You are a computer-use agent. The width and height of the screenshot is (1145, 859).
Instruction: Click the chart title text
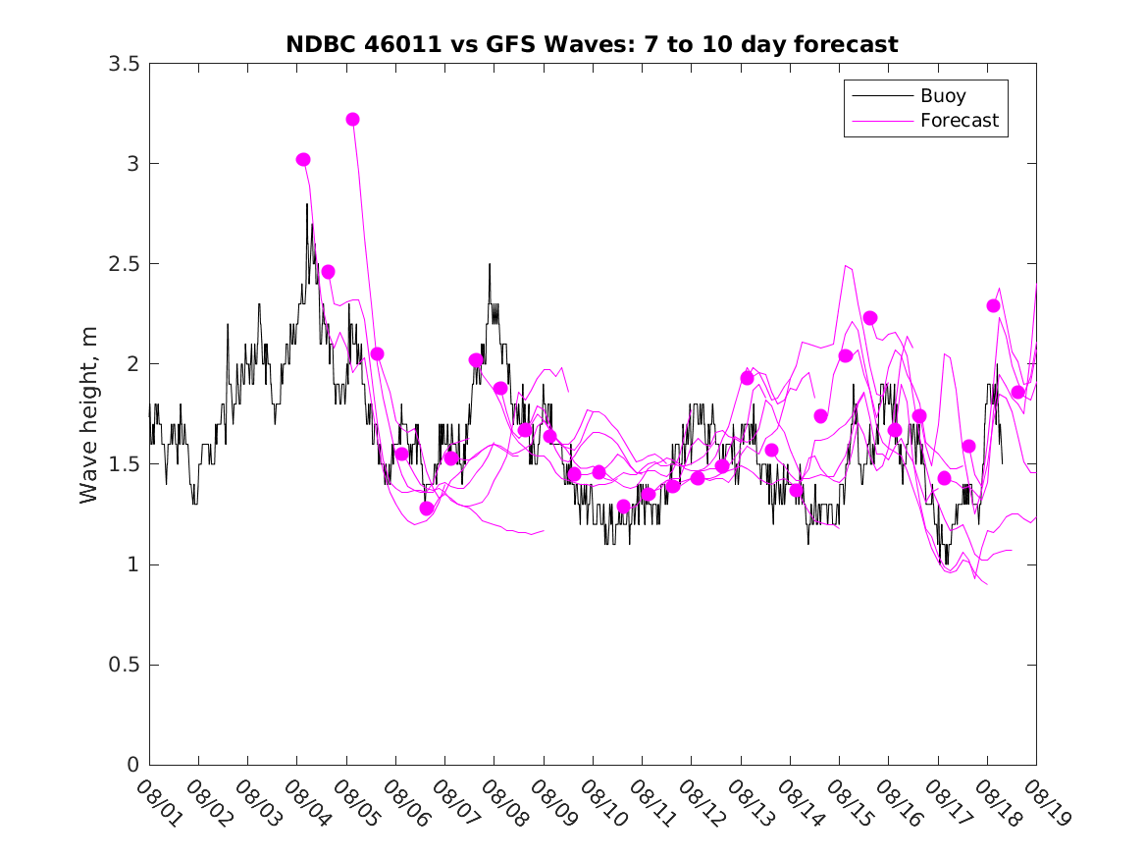[592, 44]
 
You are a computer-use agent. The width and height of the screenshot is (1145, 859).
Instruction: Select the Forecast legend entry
[959, 121]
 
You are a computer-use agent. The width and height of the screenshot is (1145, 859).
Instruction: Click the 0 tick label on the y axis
[132, 765]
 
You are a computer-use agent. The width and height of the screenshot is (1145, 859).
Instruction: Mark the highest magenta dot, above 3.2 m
[352, 120]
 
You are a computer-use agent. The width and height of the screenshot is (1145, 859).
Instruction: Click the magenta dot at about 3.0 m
[303, 159]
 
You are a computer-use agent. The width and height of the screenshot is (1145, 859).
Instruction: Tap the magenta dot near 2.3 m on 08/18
[993, 305]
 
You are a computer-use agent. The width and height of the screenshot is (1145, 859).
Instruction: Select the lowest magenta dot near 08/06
[427, 509]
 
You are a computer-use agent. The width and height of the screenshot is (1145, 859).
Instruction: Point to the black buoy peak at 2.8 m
[307, 204]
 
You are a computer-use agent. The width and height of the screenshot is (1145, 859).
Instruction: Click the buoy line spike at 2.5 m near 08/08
[490, 264]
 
